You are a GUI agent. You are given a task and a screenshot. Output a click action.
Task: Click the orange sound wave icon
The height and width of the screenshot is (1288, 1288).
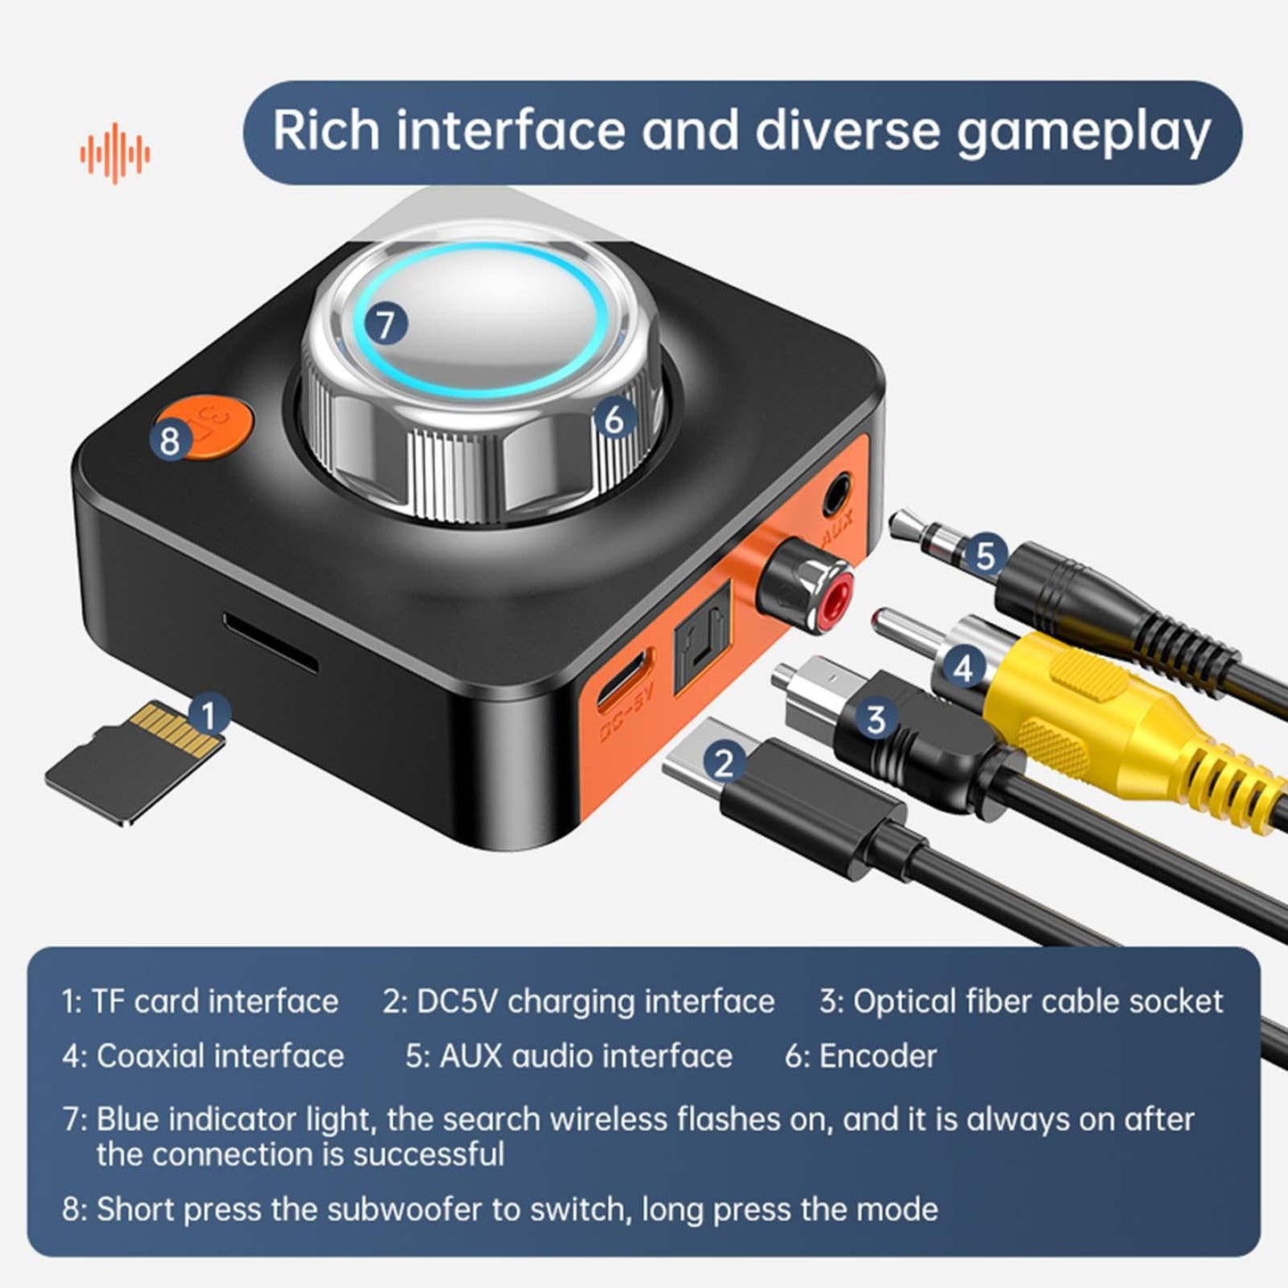click(x=115, y=153)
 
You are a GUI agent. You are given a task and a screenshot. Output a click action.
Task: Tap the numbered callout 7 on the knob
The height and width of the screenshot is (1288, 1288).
click(x=385, y=324)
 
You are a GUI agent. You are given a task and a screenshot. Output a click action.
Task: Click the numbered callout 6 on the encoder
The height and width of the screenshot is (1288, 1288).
click(x=613, y=419)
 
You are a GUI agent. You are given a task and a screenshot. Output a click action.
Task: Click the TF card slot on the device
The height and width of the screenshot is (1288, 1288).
click(x=270, y=643)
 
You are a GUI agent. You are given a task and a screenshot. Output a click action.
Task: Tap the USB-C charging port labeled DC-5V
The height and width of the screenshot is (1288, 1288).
click(x=624, y=682)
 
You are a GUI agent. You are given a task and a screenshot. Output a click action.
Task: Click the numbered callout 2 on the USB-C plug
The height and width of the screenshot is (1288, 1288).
click(x=723, y=763)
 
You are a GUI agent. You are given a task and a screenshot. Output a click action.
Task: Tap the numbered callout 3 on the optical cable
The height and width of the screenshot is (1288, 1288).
click(x=875, y=718)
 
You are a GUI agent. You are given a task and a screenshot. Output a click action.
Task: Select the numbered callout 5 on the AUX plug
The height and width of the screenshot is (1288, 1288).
click(x=984, y=555)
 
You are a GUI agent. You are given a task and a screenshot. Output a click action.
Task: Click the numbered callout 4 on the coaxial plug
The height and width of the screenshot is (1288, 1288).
click(x=963, y=666)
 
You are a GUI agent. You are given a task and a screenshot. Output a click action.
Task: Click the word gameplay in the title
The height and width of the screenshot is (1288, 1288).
click(x=1083, y=132)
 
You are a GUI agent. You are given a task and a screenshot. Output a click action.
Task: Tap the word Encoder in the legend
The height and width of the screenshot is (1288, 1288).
click(x=878, y=1056)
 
